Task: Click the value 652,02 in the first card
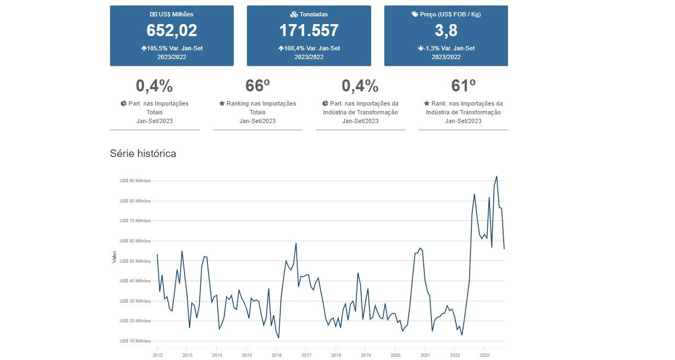171,31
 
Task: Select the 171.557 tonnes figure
309,31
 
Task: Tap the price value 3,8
446,31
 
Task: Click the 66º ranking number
257,86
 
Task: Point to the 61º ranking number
463,86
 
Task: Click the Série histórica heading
143,154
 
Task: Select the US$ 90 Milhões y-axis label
135,181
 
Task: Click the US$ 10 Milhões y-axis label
135,341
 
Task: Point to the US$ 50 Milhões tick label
135,261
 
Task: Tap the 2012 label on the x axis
157,355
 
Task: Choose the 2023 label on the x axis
484,355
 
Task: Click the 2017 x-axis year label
306,355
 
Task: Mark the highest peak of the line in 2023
497,176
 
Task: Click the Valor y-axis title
114,257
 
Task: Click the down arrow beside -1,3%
420,48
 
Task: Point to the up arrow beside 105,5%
143,48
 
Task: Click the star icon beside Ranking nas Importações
222,103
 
